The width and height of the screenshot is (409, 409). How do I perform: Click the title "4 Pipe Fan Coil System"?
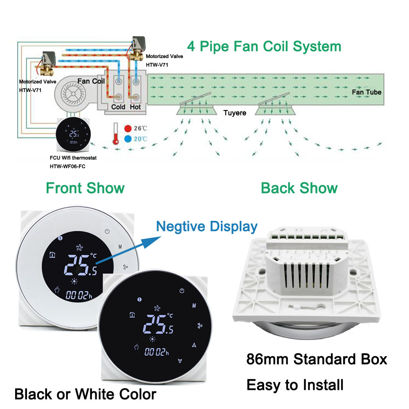coord(264,46)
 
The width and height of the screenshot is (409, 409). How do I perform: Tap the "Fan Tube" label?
coord(366,92)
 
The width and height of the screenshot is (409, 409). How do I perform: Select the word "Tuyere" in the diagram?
coord(235,112)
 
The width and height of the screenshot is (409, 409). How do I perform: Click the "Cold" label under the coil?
coord(118,107)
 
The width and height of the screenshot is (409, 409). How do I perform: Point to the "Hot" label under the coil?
coord(135,107)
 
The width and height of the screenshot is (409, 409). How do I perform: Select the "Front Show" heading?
coord(85,188)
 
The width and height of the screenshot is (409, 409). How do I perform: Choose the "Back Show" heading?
coord(299,188)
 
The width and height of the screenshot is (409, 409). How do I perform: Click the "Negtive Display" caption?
coord(207,226)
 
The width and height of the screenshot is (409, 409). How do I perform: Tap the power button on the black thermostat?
coord(182,291)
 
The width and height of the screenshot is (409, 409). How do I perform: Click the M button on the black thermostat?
coord(194,305)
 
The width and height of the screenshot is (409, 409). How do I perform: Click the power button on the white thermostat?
coord(107,231)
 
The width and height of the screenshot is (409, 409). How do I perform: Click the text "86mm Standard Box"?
coord(317,359)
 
